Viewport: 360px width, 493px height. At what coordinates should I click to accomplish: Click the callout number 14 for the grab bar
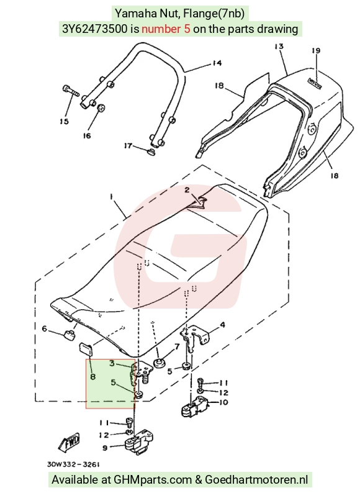tap(217, 63)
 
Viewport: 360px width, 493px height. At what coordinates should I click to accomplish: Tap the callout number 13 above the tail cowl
tap(279, 47)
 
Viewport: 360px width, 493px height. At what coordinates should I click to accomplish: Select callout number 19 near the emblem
tap(316, 50)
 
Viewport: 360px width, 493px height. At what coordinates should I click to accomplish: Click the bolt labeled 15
tap(71, 90)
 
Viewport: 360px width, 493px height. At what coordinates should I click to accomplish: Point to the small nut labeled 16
tap(101, 107)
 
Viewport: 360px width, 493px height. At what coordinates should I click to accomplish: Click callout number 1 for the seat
tap(111, 196)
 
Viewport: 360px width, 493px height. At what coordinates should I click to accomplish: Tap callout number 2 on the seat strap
tap(187, 189)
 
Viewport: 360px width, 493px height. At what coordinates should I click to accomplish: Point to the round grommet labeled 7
tap(159, 363)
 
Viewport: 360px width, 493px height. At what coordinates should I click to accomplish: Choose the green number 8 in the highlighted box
tap(92, 376)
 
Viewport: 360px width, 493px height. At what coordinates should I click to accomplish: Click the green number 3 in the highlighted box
tap(112, 363)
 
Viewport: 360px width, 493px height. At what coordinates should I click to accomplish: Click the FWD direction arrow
tap(69, 442)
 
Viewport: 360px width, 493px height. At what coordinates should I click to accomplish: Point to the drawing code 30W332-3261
tap(74, 464)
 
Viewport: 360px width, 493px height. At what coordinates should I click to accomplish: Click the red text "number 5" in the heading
tap(166, 29)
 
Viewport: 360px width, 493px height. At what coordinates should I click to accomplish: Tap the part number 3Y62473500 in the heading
tap(96, 29)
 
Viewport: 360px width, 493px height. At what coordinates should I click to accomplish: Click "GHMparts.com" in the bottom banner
tap(153, 480)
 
